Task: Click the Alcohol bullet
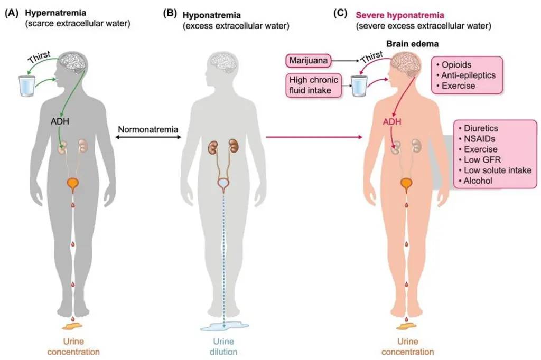click(x=478, y=181)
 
